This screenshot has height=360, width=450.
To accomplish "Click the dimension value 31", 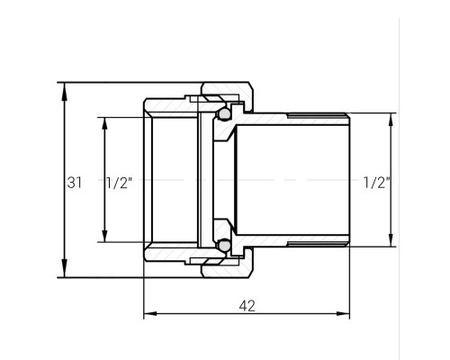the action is tap(74, 183).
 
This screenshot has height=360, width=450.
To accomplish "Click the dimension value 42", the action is tap(247, 306).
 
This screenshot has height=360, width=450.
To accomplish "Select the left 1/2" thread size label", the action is tap(120, 183).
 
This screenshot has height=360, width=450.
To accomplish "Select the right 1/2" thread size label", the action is tap(377, 183).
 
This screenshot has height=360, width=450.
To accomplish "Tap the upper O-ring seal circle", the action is tap(224, 113).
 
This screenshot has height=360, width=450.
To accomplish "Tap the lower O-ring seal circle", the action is tap(224, 246).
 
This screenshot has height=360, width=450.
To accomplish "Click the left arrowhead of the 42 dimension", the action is tap(150, 314).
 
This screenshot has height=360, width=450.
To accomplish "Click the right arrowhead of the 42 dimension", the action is tap(343, 314).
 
